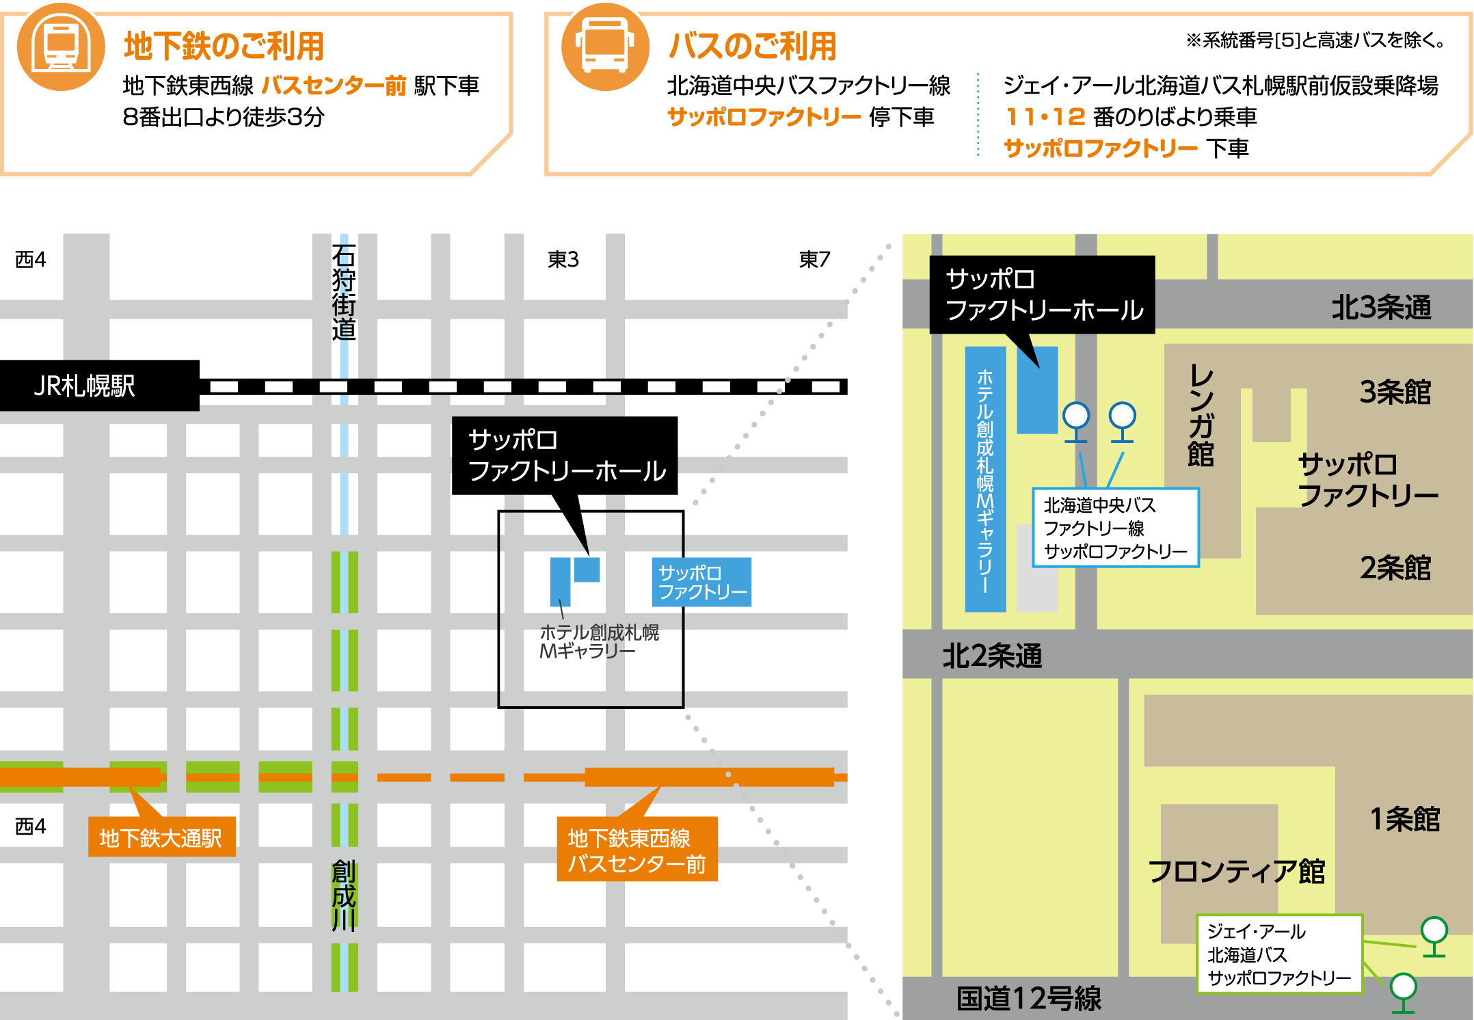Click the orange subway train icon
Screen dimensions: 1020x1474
[x=61, y=46]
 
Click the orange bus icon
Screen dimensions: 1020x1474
[x=605, y=46]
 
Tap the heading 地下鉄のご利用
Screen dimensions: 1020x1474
[x=224, y=46]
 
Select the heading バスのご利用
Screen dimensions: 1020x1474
[x=752, y=46]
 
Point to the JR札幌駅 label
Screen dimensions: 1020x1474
[x=84, y=386]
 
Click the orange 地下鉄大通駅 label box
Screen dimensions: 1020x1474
[x=161, y=837]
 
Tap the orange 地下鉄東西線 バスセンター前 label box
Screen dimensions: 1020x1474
[x=637, y=850]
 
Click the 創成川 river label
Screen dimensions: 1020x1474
[x=343, y=896]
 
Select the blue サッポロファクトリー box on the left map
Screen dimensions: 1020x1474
[x=702, y=582]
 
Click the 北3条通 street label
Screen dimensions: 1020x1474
[x=1381, y=307]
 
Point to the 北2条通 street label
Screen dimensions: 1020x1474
[x=992, y=656]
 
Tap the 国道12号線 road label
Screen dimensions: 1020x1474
[x=1029, y=998]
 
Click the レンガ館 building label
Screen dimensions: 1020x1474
[x=1201, y=415]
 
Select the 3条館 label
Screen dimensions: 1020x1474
[x=1395, y=392]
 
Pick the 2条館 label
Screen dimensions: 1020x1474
[x=1395, y=567]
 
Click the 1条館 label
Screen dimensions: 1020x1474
[x=1405, y=818]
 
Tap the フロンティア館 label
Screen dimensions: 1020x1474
[x=1237, y=871]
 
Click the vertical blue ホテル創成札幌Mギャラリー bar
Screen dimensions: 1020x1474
[x=985, y=479]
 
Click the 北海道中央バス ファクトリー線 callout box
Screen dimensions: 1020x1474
[x=1115, y=528]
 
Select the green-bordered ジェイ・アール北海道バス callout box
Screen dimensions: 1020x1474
[x=1279, y=954]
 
